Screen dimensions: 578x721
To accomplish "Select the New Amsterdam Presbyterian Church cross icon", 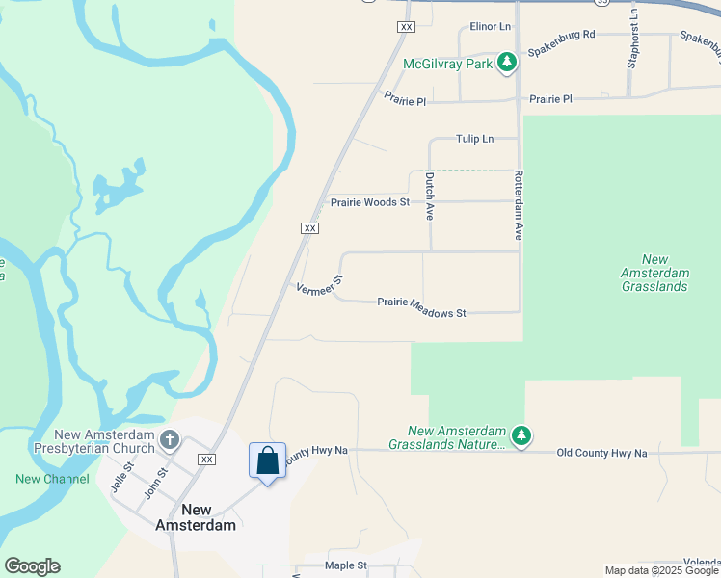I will (x=170, y=440).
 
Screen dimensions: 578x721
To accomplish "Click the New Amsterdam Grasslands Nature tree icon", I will (x=521, y=436).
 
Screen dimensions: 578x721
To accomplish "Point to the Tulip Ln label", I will (x=474, y=139).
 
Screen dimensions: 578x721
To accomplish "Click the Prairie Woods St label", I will (x=370, y=202).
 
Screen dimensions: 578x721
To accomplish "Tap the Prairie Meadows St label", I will (x=421, y=313).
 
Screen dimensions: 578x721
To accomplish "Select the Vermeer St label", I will (x=320, y=286).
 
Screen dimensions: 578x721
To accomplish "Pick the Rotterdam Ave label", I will (x=518, y=205).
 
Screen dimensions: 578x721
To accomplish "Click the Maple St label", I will (x=346, y=565).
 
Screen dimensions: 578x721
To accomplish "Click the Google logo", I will (x=32, y=566).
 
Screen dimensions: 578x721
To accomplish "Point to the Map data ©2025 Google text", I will (x=660, y=570).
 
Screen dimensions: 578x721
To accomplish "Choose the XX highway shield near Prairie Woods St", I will (x=309, y=227).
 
